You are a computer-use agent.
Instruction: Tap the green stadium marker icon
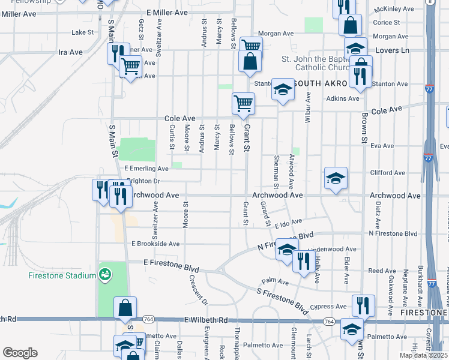[x=104, y=275]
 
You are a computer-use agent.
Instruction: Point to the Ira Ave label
[x=70, y=52]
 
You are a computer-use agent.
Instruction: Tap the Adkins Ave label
[x=334, y=98]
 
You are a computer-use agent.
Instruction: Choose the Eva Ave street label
[x=382, y=145]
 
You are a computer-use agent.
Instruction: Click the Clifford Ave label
[x=389, y=173]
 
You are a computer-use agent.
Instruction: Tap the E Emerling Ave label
[x=146, y=169]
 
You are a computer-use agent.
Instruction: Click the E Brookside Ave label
[x=155, y=244]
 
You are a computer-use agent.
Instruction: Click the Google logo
[x=20, y=353]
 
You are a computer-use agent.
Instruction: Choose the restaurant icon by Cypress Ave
[x=363, y=305]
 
